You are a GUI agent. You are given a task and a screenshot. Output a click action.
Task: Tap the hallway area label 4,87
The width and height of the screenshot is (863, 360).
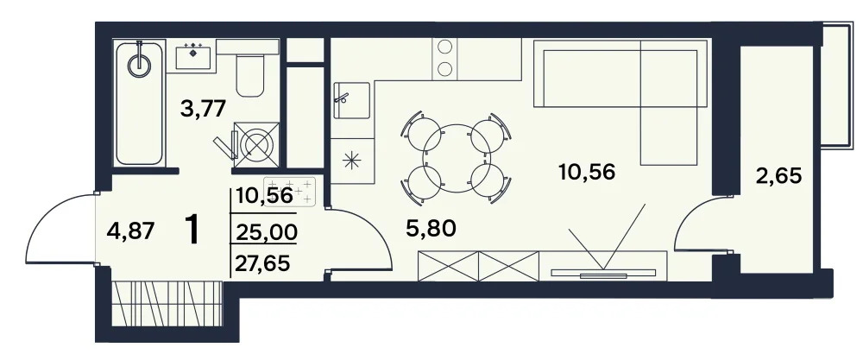pos(129,231)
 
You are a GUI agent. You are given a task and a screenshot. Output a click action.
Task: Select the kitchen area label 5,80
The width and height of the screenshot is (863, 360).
pos(430,229)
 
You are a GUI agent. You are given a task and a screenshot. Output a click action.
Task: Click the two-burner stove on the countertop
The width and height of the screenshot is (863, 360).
pos(445,57)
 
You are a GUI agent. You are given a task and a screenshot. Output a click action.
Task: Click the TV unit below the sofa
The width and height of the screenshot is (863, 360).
pos(604,268)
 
